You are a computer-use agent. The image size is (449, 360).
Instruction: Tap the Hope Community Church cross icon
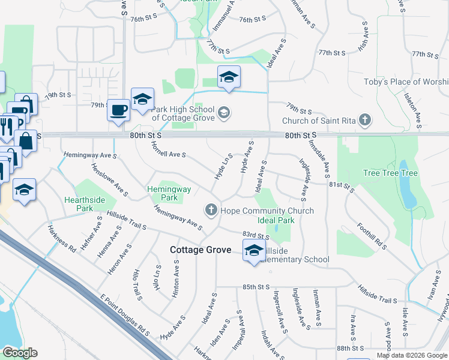click(x=211, y=210)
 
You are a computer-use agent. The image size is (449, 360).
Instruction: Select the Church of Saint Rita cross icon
click(x=364, y=120)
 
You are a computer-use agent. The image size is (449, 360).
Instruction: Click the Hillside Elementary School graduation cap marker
click(x=253, y=251)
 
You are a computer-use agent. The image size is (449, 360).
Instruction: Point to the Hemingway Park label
click(x=169, y=193)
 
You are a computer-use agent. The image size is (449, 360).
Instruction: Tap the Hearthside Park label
click(x=79, y=204)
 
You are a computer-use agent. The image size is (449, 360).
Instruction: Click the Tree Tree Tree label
click(x=390, y=173)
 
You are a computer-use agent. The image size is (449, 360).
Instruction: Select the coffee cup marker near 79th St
click(x=119, y=110)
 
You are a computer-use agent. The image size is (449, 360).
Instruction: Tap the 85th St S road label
click(x=255, y=287)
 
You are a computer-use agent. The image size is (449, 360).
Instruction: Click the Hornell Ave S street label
click(x=168, y=151)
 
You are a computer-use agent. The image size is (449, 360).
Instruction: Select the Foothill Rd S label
click(x=372, y=236)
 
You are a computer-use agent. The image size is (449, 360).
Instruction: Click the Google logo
click(x=19, y=353)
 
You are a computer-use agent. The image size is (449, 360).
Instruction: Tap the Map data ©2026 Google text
click(x=411, y=355)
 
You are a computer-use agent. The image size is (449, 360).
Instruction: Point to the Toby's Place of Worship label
click(x=406, y=82)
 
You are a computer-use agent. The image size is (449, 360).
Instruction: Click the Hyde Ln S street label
click(x=223, y=166)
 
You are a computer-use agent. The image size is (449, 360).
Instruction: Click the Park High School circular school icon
click(x=223, y=112)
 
